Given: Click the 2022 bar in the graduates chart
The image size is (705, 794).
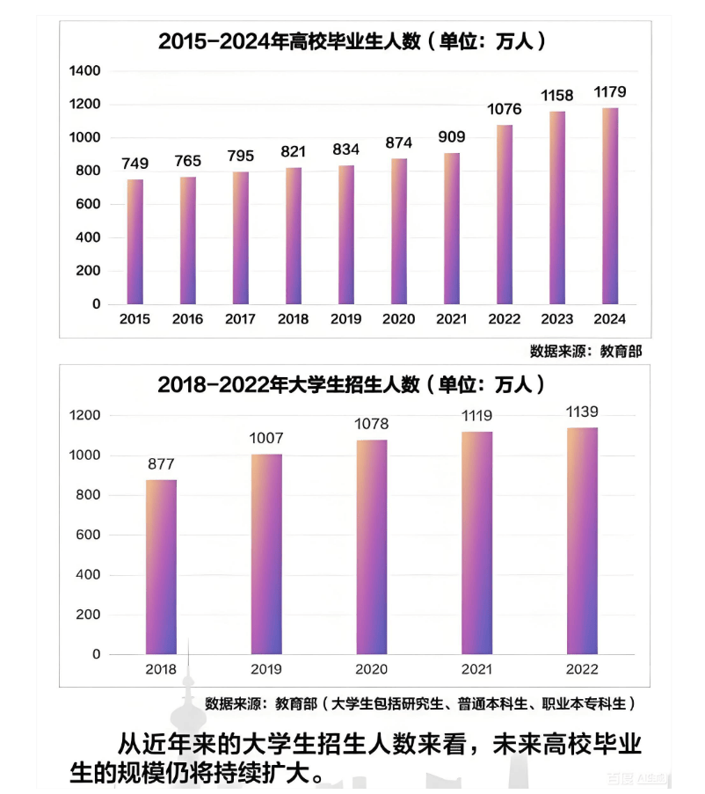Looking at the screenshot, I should pos(505,215).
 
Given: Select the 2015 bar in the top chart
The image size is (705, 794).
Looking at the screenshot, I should pos(135,242).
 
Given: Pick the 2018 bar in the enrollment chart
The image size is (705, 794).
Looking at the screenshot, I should pos(161,567).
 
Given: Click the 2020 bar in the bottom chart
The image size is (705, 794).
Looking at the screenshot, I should pos(372,547).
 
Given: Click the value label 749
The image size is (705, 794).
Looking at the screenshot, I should pos(135,164).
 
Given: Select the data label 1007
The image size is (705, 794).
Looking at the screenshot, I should pos(266,438).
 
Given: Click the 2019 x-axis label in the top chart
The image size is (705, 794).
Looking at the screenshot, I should pos(345,319).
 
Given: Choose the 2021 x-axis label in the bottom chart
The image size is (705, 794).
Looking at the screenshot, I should pos(476,670).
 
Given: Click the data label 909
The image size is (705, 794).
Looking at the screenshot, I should pos(451,137).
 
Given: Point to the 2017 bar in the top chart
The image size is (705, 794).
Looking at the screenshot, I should pos(241,237).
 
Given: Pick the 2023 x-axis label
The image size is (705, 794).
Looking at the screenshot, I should pos(557,319).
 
